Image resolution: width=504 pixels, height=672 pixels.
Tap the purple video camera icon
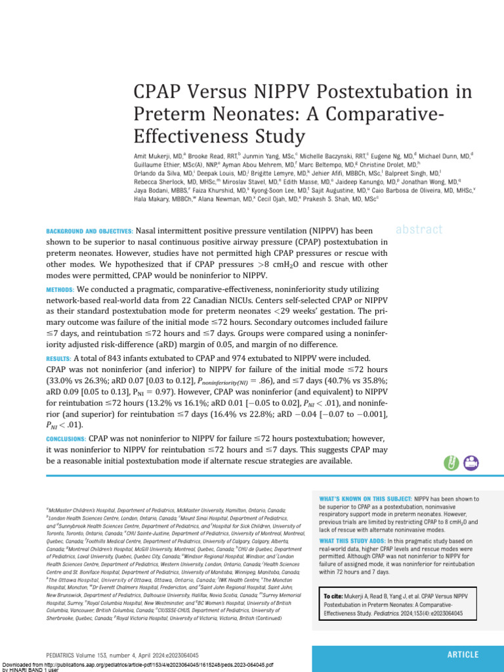471,463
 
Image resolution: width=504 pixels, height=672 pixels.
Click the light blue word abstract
419,229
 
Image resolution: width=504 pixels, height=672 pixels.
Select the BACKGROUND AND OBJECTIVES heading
90,231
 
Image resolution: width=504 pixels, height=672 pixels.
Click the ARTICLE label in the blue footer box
463,654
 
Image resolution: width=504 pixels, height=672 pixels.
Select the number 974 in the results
256,358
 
